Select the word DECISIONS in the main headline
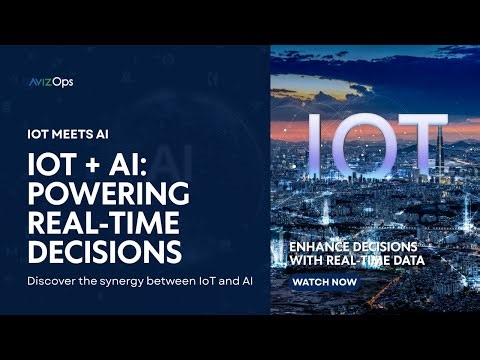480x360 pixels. pos(105,247)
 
